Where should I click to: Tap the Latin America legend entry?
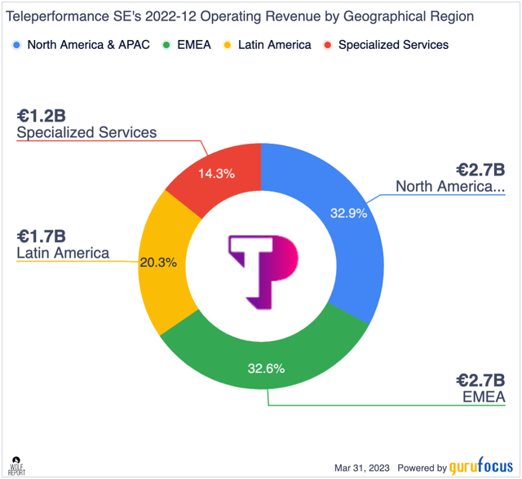pos(274,45)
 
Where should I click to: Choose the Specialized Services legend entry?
pos(393,45)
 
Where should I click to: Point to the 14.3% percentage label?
pos(224,174)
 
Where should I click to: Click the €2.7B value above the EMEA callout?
pos(481,379)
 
